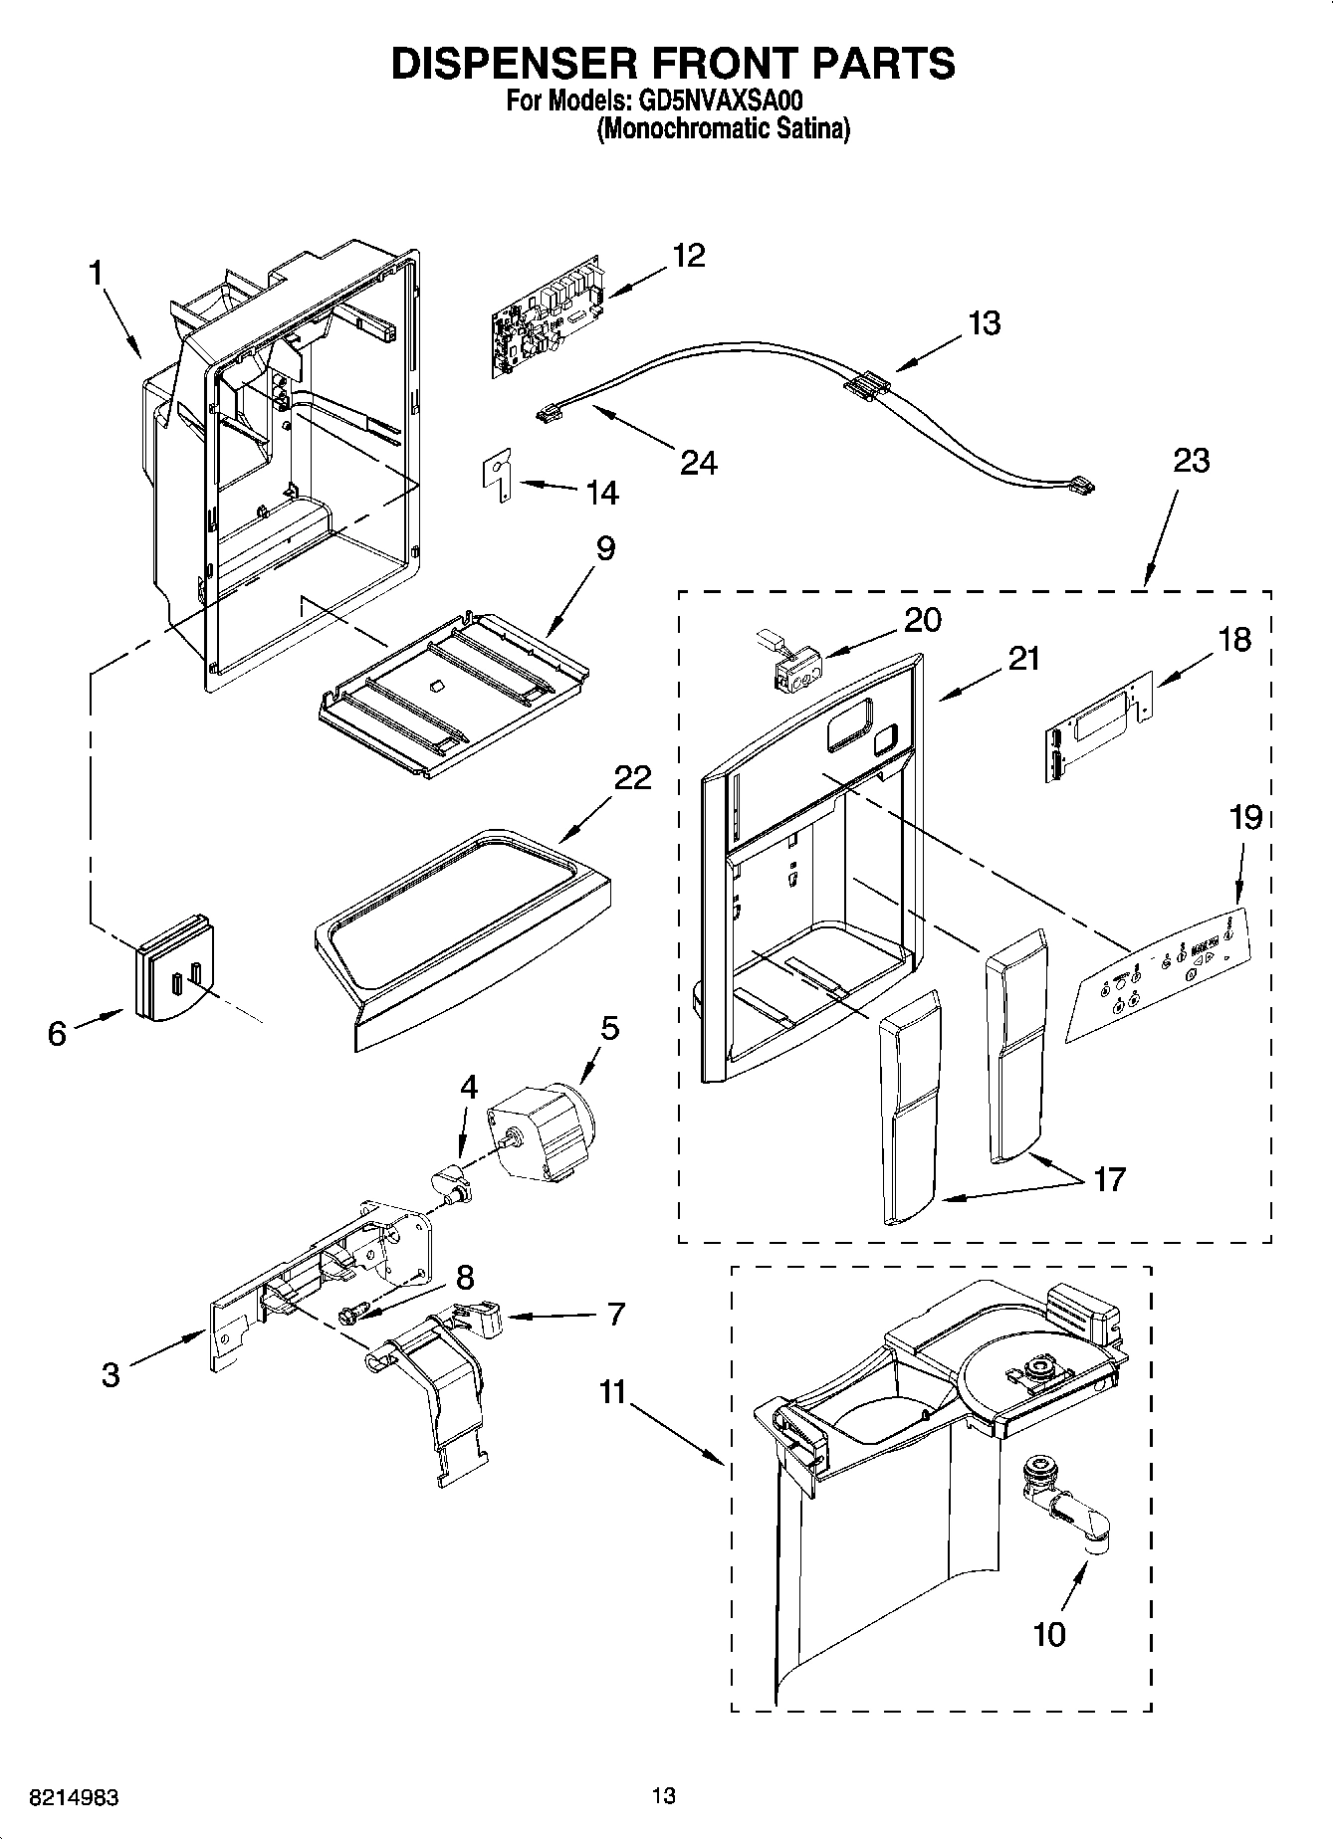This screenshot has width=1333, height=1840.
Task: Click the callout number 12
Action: point(688,256)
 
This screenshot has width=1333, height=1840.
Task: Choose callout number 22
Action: point(632,777)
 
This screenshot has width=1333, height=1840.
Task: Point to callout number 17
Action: point(1109,1179)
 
